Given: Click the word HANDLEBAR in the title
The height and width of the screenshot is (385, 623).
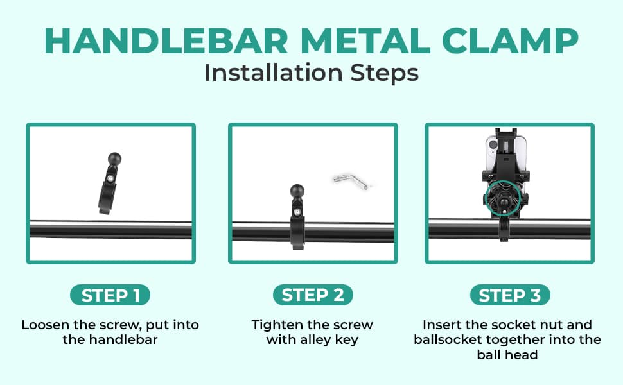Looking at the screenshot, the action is pyautogui.click(x=166, y=41).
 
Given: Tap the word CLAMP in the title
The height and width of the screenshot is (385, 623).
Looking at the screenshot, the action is pyautogui.click(x=510, y=41).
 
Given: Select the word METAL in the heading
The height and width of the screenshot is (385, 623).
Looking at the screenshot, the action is pyautogui.click(x=365, y=41).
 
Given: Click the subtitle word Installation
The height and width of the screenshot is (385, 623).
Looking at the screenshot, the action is pyautogui.click(x=274, y=73).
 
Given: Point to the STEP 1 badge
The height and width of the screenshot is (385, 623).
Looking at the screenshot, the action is pyautogui.click(x=110, y=295).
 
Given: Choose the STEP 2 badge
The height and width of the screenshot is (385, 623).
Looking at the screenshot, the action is pyautogui.click(x=313, y=295).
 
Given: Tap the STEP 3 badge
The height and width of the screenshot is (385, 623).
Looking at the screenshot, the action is pyautogui.click(x=510, y=295).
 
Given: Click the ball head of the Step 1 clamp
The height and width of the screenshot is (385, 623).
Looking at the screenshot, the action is pyautogui.click(x=114, y=159).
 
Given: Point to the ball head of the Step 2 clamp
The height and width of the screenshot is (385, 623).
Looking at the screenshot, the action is pyautogui.click(x=297, y=191).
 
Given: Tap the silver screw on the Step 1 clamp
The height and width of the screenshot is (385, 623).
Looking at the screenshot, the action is pyautogui.click(x=110, y=178).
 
